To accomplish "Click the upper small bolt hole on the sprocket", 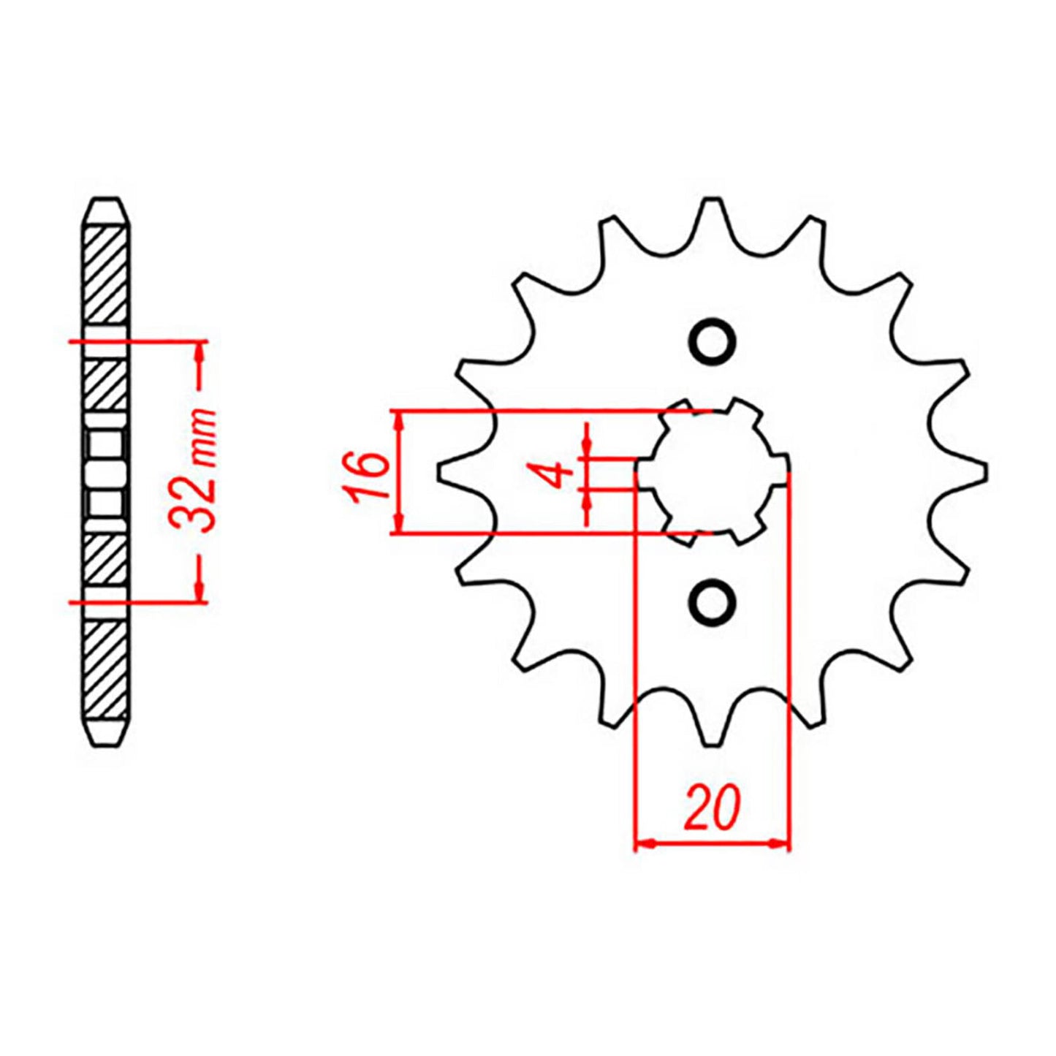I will [x=713, y=341].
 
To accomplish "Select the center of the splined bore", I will [x=713, y=472].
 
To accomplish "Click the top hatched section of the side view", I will [x=106, y=276].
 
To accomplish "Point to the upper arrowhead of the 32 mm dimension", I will [x=198, y=352].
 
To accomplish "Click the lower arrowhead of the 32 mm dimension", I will [x=198, y=593].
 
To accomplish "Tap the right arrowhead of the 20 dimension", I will [x=780, y=844].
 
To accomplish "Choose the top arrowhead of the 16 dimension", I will [x=398, y=421].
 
